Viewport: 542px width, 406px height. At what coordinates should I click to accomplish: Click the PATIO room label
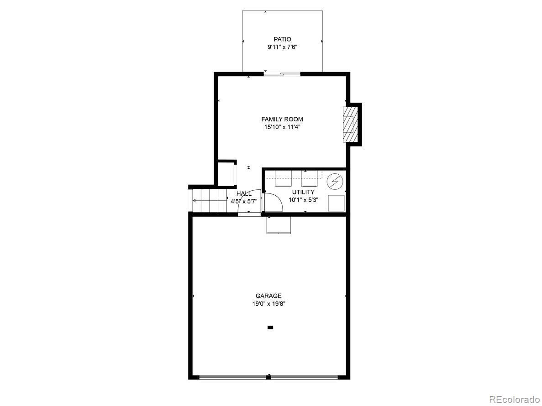coord(282,39)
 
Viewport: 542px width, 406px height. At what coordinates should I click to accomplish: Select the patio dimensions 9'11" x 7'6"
coord(282,47)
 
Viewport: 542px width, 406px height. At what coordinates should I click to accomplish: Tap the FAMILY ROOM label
coord(282,119)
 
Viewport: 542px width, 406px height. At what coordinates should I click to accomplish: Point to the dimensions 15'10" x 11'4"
coord(282,127)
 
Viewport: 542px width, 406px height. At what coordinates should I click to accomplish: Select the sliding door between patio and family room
coord(282,73)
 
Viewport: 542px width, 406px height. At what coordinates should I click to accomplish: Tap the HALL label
coord(244,193)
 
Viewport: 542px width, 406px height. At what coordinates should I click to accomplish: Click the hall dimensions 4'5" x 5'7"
coord(244,201)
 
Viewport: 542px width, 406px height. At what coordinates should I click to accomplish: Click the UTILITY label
coord(303,192)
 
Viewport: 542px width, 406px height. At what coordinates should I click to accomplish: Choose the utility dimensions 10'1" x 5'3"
coord(303,200)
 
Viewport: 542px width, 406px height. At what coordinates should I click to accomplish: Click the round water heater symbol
coord(335,182)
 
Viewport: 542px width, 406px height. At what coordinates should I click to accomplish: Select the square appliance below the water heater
coord(336,203)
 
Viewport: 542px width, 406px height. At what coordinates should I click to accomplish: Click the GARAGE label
coord(268,296)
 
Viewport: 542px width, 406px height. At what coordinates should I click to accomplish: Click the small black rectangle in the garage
coord(270,327)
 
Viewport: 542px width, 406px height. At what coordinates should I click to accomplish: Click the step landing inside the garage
coord(279,224)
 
